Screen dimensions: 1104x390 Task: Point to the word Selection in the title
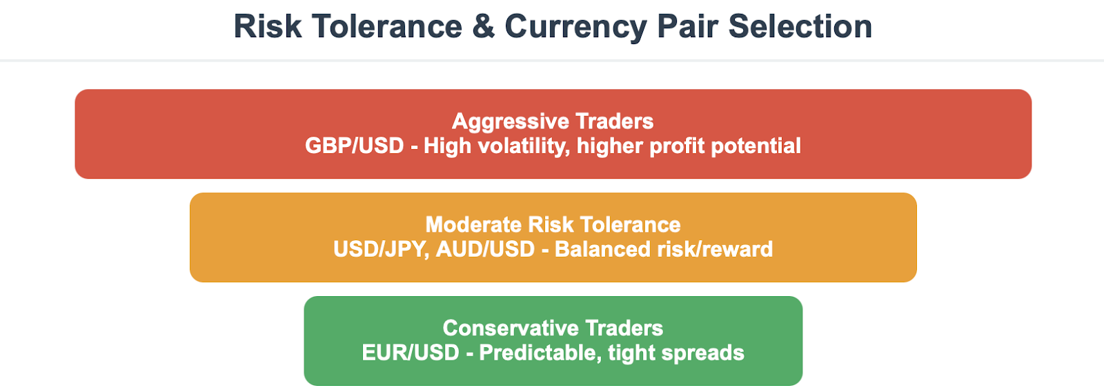coord(800,26)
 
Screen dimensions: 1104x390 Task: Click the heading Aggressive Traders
coord(553,121)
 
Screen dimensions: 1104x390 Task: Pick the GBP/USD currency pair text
coord(355,146)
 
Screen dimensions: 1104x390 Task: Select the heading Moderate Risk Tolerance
coord(553,225)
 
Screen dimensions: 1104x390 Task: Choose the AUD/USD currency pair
coord(486,249)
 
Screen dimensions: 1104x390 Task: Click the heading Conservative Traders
coord(553,329)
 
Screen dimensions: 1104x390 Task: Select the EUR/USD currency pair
coord(411,353)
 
